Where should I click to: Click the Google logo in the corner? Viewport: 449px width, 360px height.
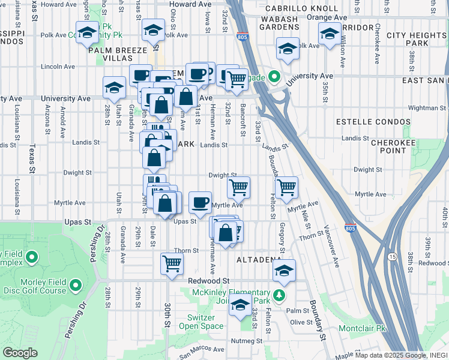(20, 353)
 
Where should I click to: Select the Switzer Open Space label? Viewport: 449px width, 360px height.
(201, 322)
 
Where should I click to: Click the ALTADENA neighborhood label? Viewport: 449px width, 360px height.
(259, 260)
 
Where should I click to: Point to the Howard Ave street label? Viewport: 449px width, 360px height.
(190, 4)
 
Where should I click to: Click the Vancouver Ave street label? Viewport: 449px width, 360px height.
(333, 247)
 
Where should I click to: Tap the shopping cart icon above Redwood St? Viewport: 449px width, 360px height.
(172, 263)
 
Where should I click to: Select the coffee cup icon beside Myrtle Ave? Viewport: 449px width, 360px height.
(200, 202)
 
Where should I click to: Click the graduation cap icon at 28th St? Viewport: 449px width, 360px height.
(113, 87)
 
